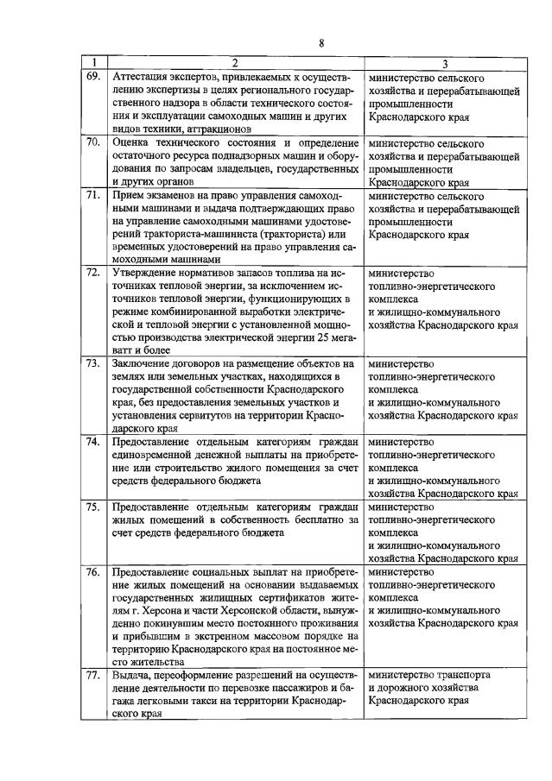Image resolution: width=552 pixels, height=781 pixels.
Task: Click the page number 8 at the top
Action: click(320, 43)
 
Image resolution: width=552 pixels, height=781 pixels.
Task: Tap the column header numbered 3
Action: click(444, 63)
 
